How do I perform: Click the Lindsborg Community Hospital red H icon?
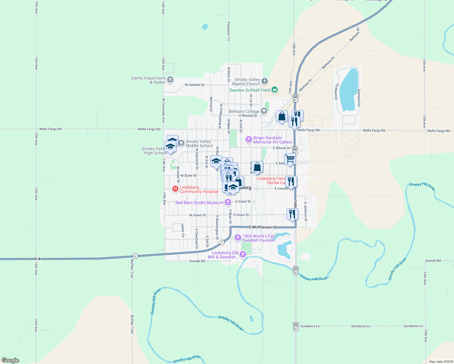click(175, 189)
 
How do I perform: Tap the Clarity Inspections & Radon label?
click(148, 80)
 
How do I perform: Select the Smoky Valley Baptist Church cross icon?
click(265, 81)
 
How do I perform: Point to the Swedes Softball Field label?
click(249, 90)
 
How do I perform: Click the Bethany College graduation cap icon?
click(264, 111)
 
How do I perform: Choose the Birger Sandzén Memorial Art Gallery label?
click(273, 140)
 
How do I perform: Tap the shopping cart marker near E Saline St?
click(290, 159)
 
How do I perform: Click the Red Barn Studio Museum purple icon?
click(228, 202)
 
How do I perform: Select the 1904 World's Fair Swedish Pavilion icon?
click(238, 238)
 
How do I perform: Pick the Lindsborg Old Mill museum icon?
click(243, 254)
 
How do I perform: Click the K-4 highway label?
click(37, 259)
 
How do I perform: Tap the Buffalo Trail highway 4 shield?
click(135, 256)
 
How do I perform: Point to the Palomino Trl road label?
click(229, 31)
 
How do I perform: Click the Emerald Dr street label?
click(336, 91)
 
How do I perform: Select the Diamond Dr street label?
click(359, 98)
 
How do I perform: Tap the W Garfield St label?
click(195, 85)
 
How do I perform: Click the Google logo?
click(10, 360)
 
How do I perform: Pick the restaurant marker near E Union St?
click(292, 214)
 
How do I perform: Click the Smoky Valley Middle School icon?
click(181, 143)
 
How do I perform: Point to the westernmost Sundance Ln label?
click(310, 326)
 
